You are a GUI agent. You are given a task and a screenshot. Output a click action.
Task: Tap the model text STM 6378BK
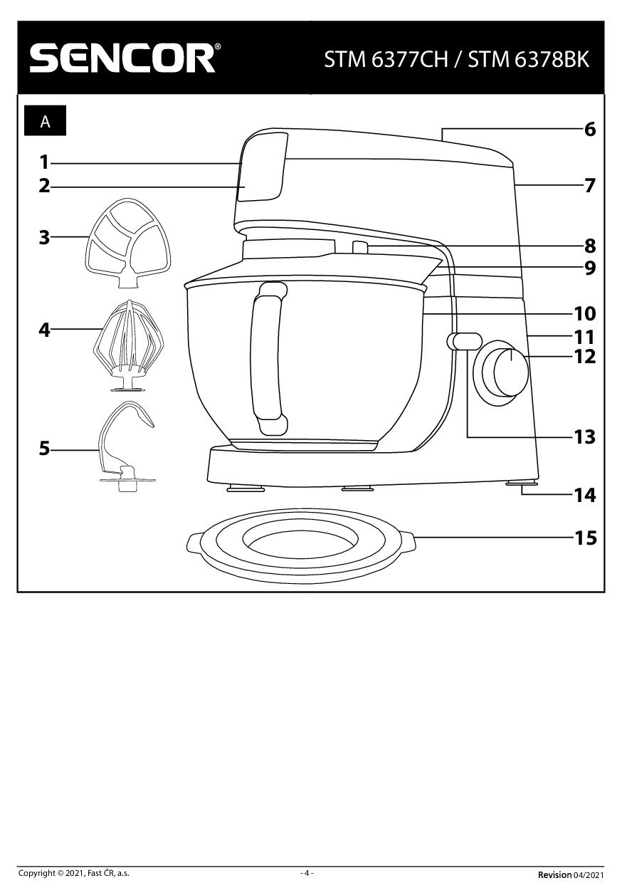(x=529, y=59)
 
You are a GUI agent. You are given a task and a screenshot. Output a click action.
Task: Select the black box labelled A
(x=46, y=121)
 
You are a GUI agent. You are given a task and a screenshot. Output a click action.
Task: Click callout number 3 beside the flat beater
(x=45, y=237)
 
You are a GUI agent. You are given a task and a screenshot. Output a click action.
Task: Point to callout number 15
(x=585, y=538)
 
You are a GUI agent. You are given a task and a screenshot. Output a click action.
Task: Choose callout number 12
(x=585, y=356)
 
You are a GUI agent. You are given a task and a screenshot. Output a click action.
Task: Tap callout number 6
(x=589, y=130)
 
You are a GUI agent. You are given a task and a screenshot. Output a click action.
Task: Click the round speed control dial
(x=505, y=371)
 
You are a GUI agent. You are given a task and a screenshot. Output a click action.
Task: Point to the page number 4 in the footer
(x=307, y=873)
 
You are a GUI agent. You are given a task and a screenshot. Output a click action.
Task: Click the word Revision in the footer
(x=554, y=874)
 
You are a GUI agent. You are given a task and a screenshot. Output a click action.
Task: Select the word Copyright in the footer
(x=36, y=873)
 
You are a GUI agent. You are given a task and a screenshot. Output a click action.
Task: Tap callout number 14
(x=585, y=495)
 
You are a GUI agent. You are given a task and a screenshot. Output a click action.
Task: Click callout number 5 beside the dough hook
(x=45, y=449)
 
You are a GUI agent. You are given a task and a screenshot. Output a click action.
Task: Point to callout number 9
(x=589, y=268)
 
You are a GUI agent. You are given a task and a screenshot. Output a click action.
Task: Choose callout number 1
(x=44, y=162)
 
